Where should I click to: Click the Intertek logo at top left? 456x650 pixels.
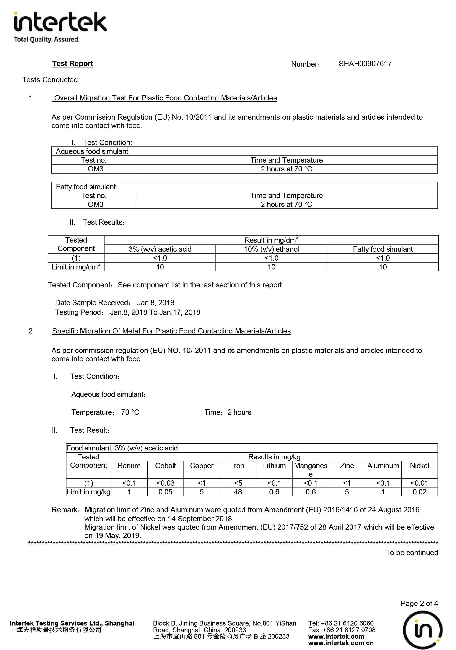60,27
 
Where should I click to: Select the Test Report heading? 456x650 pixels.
73,63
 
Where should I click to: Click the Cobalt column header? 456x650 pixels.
165,466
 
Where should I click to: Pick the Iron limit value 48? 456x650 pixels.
238,492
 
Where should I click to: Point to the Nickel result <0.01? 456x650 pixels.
419,483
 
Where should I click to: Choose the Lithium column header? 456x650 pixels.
274,466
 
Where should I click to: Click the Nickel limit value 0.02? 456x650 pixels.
419,492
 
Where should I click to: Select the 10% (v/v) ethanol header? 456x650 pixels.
271,249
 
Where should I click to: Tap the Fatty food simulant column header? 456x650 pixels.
383,249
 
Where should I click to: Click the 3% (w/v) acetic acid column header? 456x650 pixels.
160,249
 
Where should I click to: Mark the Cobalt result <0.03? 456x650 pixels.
165,483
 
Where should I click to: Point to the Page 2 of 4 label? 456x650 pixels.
419,603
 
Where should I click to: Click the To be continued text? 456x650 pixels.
412,552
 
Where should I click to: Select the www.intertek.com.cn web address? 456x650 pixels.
341,643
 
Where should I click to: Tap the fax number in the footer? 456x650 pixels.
342,630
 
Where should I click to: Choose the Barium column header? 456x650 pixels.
129,466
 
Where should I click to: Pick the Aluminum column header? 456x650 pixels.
383,466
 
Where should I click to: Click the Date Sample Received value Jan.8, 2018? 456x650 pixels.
155,303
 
